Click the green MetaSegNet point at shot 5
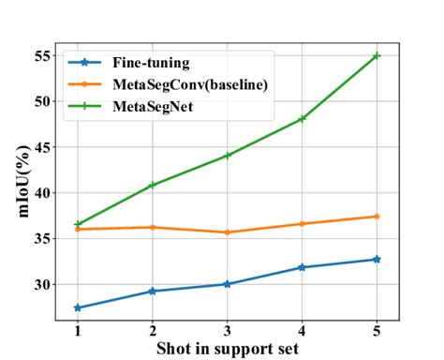click(377, 56)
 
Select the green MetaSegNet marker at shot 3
click(227, 156)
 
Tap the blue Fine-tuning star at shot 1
click(78, 307)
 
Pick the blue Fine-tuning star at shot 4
click(302, 267)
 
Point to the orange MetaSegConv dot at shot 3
click(227, 232)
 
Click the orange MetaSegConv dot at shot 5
click(377, 217)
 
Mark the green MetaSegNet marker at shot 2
click(153, 185)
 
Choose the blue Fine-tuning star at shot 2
click(153, 292)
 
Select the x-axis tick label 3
click(227, 331)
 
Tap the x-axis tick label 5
click(377, 331)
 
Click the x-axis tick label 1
click(78, 331)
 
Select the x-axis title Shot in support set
click(227, 349)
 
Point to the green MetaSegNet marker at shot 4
click(302, 119)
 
